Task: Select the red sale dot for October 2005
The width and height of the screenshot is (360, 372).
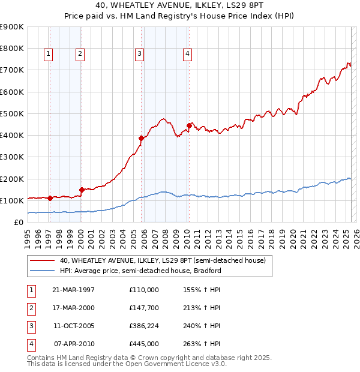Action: coord(142,138)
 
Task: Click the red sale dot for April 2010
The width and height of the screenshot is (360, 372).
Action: coord(189,125)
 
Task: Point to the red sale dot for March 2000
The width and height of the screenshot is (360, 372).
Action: coord(82,190)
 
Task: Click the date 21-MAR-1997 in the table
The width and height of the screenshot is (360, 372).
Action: coord(74,290)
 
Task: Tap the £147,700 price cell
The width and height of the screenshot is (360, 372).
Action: coord(144,308)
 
